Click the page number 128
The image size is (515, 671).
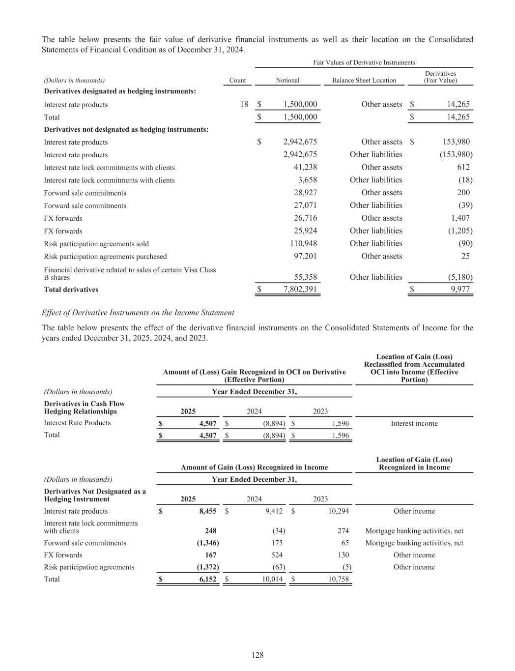[x=257, y=655]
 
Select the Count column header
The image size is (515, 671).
[x=237, y=80]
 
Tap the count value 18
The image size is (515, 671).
[x=244, y=104]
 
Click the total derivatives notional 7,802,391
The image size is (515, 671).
[x=300, y=289]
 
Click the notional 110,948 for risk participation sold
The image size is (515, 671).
[x=303, y=243]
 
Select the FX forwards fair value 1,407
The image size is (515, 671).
[x=460, y=218]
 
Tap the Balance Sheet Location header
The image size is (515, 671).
[x=364, y=80]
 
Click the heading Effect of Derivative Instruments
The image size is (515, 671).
[x=138, y=313]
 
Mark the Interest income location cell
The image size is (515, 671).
[x=414, y=423]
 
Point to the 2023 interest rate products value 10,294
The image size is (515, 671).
[x=338, y=511]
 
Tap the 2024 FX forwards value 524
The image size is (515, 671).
[x=277, y=555]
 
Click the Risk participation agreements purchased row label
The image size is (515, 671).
[x=105, y=256]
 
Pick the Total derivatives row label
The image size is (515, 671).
[x=71, y=290]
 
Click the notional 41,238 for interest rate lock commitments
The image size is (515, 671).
[x=305, y=167]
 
